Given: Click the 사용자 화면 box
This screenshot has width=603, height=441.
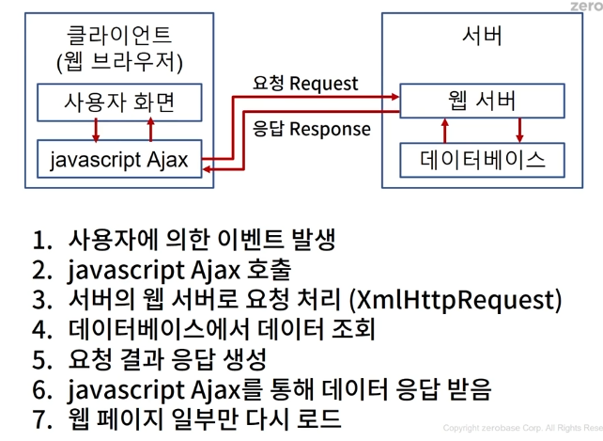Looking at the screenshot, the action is point(119,100).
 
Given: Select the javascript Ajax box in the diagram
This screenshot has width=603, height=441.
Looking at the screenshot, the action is point(119,159).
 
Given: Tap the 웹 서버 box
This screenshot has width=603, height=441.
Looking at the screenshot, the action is point(482,100).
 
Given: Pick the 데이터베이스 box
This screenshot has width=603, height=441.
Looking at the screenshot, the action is point(482,158).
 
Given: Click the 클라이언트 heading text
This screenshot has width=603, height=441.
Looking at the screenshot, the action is point(119,36).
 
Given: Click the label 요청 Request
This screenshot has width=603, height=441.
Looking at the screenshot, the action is point(305,84).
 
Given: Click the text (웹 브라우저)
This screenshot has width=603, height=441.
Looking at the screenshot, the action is point(119,63).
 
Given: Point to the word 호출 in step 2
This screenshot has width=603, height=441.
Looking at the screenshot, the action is point(268,270).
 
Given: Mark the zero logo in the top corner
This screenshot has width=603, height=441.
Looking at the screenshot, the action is point(584,7).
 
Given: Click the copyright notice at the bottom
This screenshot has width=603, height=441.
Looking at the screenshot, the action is point(522,429).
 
